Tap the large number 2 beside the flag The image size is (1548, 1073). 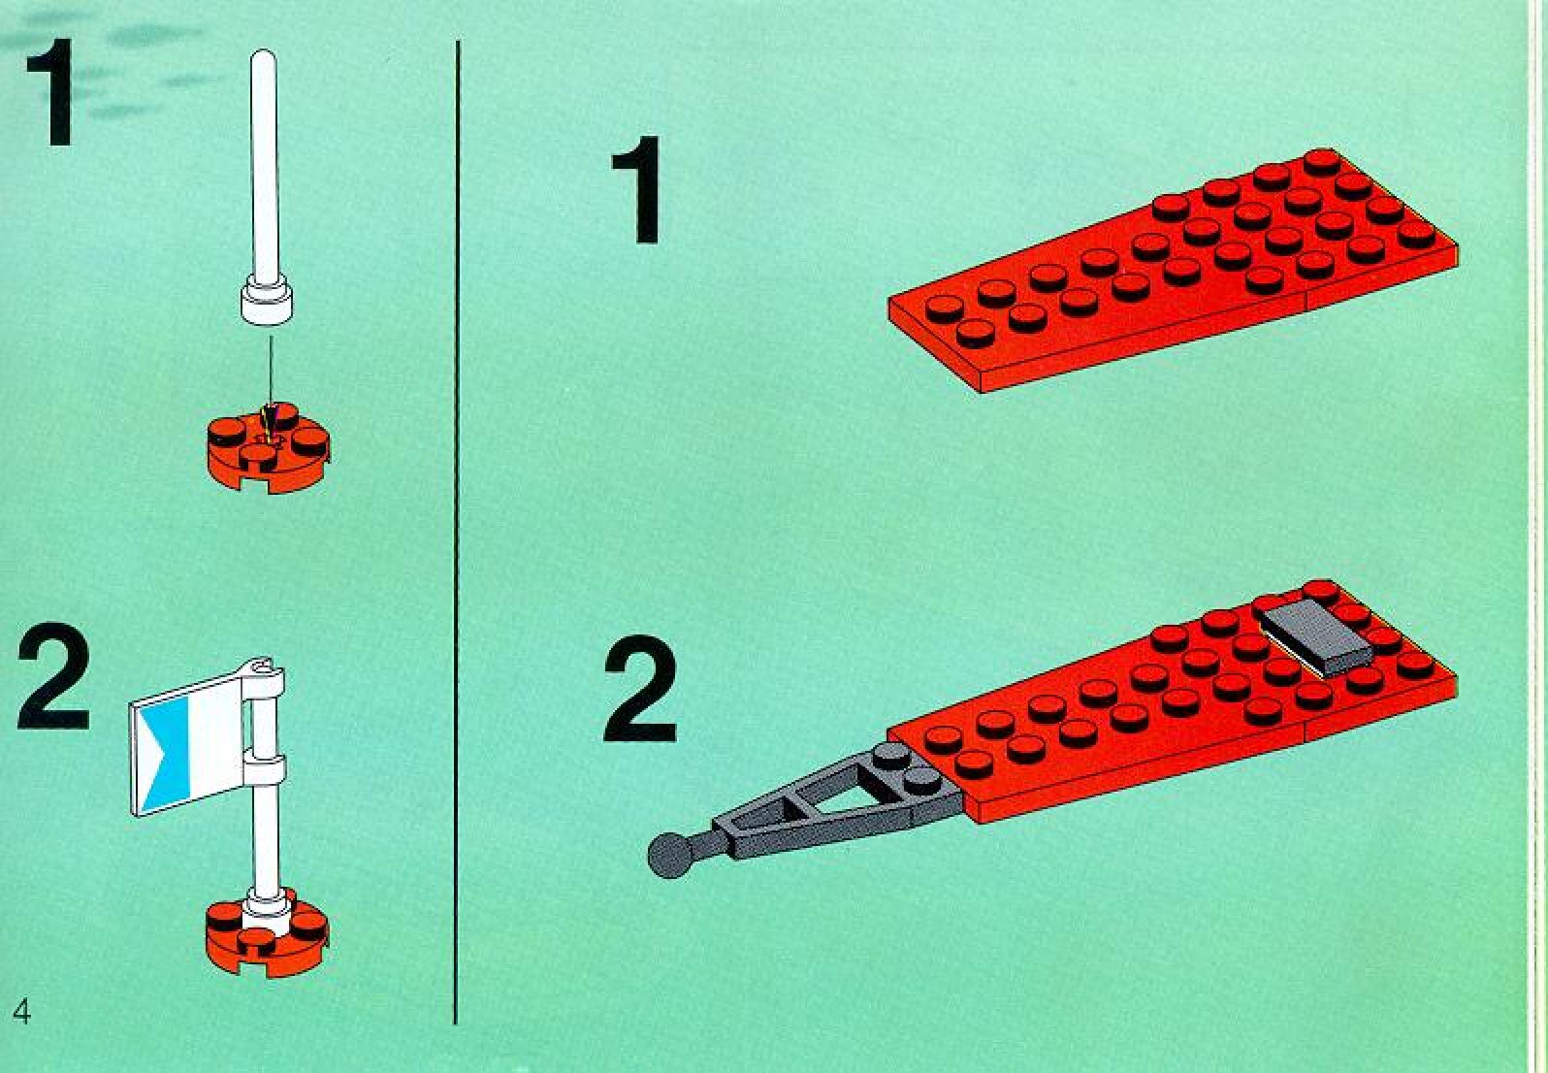54,675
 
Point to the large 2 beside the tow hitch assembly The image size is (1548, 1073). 640,689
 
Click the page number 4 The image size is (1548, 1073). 21,1012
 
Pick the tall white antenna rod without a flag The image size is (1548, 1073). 266,186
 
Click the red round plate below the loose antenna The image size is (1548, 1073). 268,448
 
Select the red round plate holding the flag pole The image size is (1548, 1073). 268,932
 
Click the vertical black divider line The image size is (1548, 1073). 456,533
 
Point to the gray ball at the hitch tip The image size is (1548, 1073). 669,856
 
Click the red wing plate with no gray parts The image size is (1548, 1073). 1173,270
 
